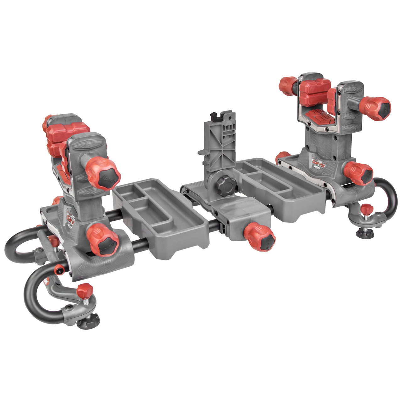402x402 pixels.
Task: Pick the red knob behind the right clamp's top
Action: [x=288, y=84]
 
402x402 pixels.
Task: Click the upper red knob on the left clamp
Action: [x=104, y=173]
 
